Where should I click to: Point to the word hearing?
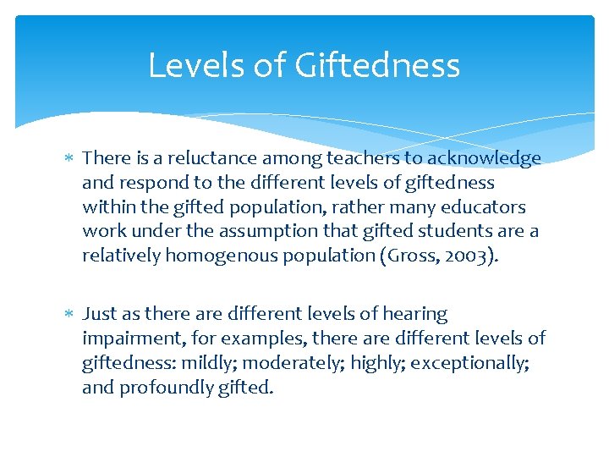414,314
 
